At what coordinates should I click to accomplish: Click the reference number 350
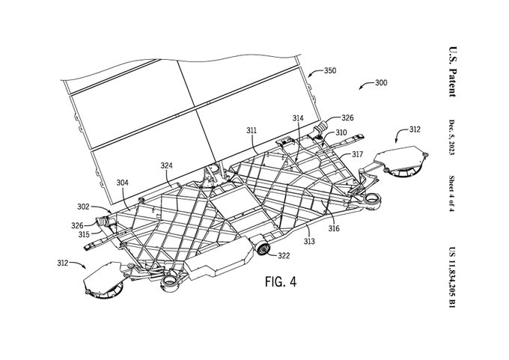(330, 70)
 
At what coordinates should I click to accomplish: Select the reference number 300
(381, 83)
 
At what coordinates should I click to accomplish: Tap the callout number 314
(298, 118)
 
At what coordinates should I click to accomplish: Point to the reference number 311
(252, 130)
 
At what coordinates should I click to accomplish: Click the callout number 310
(341, 132)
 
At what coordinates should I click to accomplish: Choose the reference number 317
(357, 154)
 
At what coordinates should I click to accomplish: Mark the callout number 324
(166, 166)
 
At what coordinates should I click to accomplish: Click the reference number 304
(122, 183)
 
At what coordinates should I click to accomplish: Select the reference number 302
(83, 207)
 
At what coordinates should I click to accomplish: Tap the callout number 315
(84, 234)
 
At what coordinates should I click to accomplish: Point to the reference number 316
(334, 229)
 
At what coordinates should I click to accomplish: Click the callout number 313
(309, 241)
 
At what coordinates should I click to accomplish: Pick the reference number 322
(284, 256)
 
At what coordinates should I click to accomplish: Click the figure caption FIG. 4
(281, 281)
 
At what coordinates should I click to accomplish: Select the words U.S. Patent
(453, 72)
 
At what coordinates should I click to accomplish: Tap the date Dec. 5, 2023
(452, 137)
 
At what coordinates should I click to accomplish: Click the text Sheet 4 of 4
(452, 194)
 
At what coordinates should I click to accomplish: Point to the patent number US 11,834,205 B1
(452, 278)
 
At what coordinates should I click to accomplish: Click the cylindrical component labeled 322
(262, 248)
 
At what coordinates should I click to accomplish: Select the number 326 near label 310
(347, 118)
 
